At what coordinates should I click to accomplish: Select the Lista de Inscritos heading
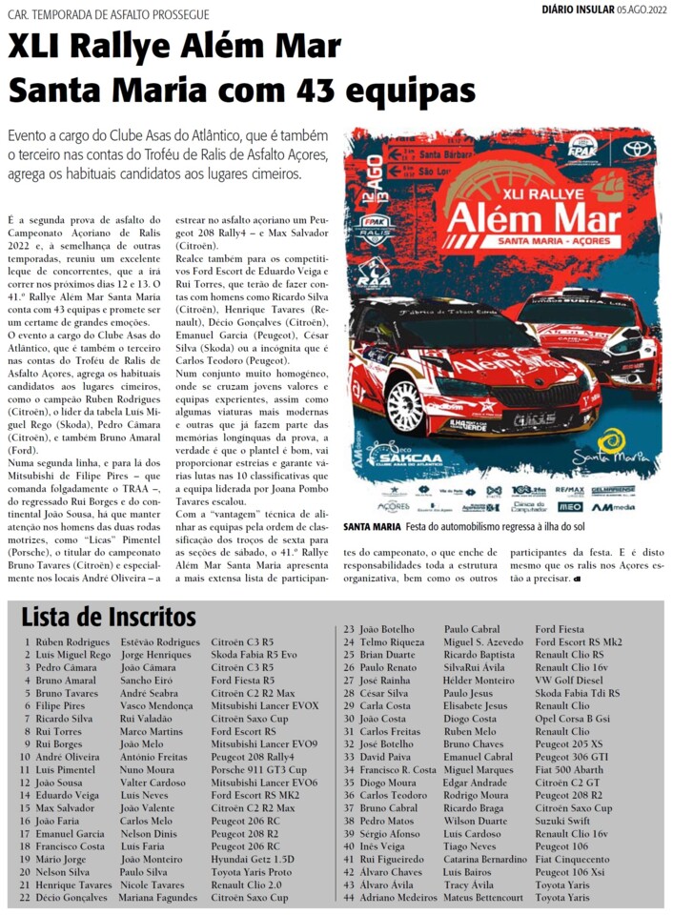[109, 617]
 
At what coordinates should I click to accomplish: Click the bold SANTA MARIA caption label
[372, 527]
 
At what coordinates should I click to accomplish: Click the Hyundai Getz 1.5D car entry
[252, 858]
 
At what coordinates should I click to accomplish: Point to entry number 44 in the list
[350, 897]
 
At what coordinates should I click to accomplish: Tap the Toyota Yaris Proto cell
[252, 871]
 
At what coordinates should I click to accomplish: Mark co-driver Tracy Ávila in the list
[470, 884]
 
